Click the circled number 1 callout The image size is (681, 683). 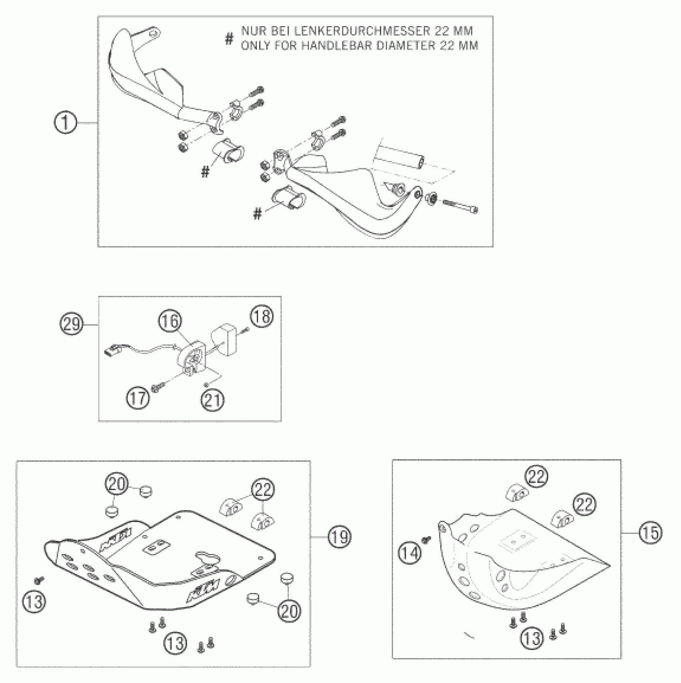[65, 123]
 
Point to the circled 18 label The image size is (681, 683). [262, 316]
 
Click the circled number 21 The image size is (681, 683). [213, 400]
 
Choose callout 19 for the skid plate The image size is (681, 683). [339, 536]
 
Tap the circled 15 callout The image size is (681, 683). [651, 533]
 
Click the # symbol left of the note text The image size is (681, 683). [229, 39]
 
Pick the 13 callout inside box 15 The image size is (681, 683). [532, 638]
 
